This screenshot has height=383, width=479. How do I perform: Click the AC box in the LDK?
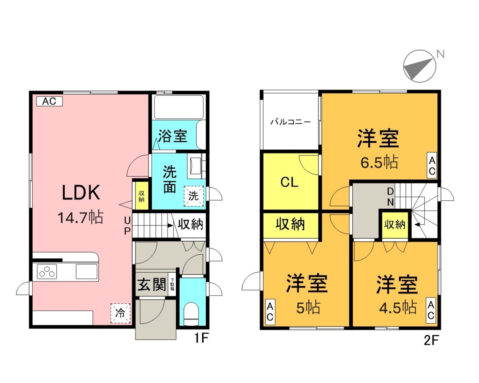click(x=49, y=101)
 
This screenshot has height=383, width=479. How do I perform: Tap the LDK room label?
click(x=81, y=193)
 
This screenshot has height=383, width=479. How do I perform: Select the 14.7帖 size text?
click(x=80, y=218)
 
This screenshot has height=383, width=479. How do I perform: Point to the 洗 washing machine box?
click(x=194, y=196)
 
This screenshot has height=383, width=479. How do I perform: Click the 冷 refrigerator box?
click(x=120, y=313)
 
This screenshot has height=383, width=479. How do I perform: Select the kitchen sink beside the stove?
click(x=87, y=272)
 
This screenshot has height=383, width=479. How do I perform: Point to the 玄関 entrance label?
click(x=152, y=285)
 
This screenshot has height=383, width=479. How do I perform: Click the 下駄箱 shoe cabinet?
click(x=172, y=285)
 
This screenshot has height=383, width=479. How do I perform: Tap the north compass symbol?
click(x=420, y=66)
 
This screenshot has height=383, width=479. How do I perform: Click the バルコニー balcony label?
click(x=290, y=122)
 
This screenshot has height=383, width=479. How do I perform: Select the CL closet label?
click(x=289, y=182)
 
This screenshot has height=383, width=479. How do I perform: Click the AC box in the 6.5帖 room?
click(x=432, y=165)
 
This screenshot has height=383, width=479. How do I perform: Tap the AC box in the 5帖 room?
click(x=270, y=312)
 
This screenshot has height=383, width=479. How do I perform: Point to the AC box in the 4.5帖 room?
click(x=431, y=311)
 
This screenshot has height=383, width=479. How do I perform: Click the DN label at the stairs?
click(x=390, y=196)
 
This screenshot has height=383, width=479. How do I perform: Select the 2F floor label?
click(x=431, y=340)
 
